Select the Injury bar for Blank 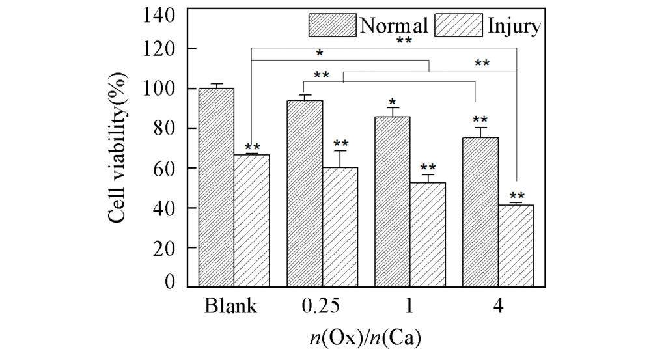coord(251,221)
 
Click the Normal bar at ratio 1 coord(393,201)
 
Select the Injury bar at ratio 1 coord(428,234)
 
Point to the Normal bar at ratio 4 coord(480,212)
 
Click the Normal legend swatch coord(331,25)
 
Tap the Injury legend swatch coord(460,25)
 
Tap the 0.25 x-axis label coord(320,306)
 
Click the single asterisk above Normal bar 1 coord(393,102)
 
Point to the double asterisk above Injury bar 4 coord(516,195)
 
